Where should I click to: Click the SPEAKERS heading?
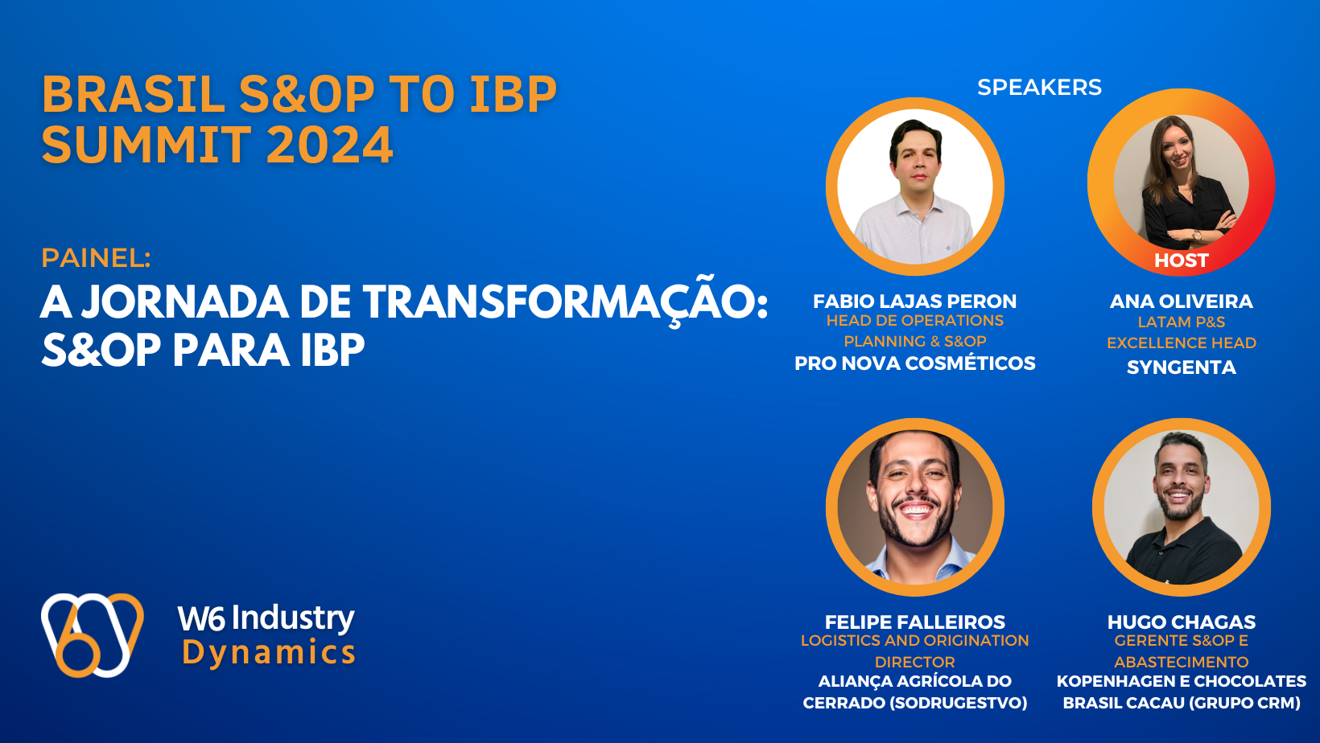(1039, 87)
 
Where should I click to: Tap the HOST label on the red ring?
(1181, 261)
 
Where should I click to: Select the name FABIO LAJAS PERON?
(914, 302)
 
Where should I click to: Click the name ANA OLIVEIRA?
(1181, 302)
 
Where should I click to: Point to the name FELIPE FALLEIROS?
(914, 622)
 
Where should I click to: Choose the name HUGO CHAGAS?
(1181, 622)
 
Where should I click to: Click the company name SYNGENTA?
(1181, 367)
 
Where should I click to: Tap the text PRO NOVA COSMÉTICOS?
(914, 363)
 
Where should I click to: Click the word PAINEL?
(95, 258)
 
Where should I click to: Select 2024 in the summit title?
(329, 146)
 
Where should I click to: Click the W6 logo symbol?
(92, 634)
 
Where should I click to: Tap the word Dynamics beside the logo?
(269, 652)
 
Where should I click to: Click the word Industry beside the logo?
(293, 618)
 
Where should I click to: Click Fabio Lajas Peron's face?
(917, 161)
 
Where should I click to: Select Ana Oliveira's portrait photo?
(1181, 183)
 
